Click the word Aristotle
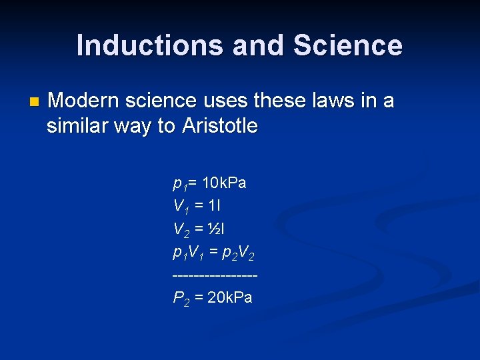tap(219, 126)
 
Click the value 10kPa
tap(224, 183)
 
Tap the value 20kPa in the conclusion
tap(230, 297)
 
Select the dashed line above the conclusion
tap(215, 275)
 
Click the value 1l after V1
tap(216, 205)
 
